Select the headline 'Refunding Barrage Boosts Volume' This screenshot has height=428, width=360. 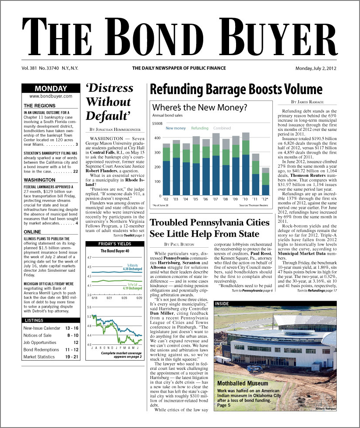coord(236,90)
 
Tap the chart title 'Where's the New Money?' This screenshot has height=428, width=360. coord(199,107)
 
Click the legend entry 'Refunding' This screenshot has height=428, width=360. coord(200,128)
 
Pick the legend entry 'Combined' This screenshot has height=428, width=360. coord(222,128)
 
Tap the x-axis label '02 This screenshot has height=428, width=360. coord(166,199)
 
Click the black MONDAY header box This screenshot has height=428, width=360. coord(51,89)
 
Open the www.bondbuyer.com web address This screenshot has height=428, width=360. coord(51,96)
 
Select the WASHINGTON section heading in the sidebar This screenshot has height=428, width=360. coord(39,180)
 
